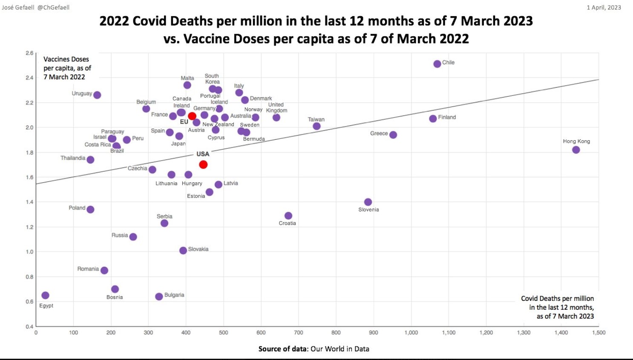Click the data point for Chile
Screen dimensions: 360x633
click(x=437, y=64)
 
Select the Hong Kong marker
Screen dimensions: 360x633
click(x=576, y=150)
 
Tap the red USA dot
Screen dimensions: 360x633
click(x=203, y=164)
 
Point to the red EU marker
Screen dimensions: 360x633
click(x=192, y=116)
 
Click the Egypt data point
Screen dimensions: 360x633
click(x=45, y=295)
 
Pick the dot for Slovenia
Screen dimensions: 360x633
click(x=368, y=202)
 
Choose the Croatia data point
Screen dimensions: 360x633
click(x=288, y=216)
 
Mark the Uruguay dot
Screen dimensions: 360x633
click(x=97, y=95)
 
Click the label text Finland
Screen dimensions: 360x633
click(x=447, y=117)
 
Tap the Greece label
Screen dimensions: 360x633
click(x=379, y=133)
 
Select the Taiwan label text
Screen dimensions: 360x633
click(x=316, y=119)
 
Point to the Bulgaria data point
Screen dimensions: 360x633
click(x=159, y=297)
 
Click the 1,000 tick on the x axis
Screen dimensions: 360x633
click(x=411, y=333)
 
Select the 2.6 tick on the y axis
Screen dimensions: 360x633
click(x=29, y=53)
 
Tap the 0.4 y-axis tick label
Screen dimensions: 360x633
click(x=29, y=326)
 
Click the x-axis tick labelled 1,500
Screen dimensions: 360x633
click(x=598, y=333)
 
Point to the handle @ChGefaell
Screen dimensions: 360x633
click(x=53, y=7)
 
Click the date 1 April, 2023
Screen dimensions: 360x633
click(x=604, y=7)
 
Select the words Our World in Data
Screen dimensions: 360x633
click(x=340, y=349)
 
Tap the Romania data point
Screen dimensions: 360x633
click(x=104, y=271)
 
